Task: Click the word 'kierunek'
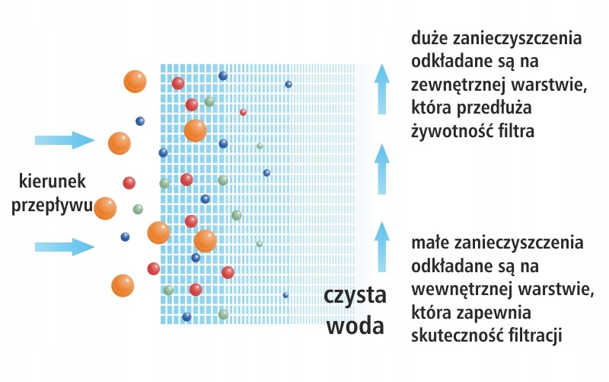(x=57, y=181)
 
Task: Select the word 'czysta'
(x=355, y=296)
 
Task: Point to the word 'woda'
(x=355, y=326)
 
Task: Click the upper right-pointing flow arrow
(x=64, y=140)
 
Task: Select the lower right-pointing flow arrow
(x=64, y=246)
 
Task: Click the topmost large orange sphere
(x=135, y=81)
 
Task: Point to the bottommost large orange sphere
(x=123, y=286)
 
